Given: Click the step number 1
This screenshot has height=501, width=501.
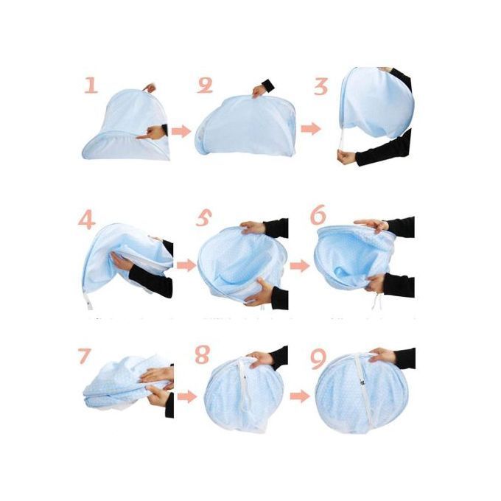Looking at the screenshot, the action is coord(91,84).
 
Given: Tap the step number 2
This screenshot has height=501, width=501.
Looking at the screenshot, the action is coord(205,85).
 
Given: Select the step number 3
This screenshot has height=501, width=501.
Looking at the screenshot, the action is coord(320,86).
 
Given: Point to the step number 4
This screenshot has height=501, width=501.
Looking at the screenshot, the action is coord(87,220).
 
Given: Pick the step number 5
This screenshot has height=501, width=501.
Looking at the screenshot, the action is coord(204,218).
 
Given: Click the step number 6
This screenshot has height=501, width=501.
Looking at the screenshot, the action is coord(318,214).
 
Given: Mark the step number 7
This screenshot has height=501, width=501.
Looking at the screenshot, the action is coord(85,356).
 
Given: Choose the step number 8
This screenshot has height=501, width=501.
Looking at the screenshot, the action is coord(203,354).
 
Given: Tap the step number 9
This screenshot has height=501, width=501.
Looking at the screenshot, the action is coord(318,358).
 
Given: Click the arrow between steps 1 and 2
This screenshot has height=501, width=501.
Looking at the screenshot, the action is coord(181,131).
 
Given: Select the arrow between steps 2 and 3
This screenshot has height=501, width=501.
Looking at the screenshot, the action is coord(311,129).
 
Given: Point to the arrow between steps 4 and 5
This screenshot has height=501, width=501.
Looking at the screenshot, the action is coord(186,265).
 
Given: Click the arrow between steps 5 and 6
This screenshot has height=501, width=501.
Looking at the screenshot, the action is coord(300,265).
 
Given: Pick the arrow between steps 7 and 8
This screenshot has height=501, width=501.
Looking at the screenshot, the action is coord(187,397).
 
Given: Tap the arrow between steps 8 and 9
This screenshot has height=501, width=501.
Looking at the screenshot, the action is coord(300,396).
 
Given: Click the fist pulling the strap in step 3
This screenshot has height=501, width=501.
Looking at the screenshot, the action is coord(347,157).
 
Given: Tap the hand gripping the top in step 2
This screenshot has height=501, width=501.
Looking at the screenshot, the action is coord(259,91).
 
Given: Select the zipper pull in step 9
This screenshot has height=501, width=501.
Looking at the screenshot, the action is coord(363,382).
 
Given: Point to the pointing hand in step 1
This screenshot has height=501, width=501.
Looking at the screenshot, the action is coord(151,133).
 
